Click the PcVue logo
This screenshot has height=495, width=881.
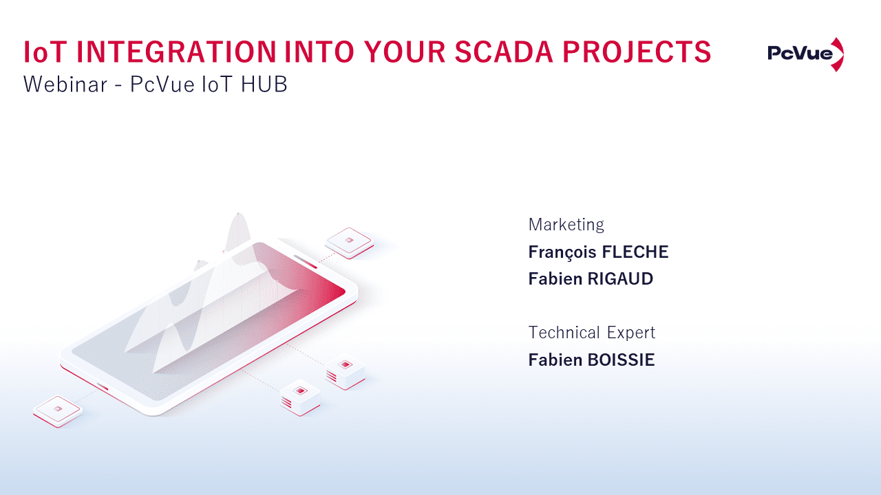(805, 54)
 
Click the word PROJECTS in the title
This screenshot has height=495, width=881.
(637, 52)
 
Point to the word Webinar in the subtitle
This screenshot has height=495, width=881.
(65, 84)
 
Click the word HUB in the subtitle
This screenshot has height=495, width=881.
(264, 84)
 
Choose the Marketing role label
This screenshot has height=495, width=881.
(566, 225)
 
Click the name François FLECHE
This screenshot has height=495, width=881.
(598, 252)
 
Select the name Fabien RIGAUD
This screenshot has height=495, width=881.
(591, 279)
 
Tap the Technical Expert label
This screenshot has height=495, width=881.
(591, 333)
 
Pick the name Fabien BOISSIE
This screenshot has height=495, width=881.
(591, 360)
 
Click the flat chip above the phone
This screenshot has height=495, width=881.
(349, 243)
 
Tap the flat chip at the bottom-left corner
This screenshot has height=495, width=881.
(57, 411)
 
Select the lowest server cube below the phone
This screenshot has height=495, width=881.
(301, 397)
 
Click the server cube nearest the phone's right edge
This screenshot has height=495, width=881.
(346, 372)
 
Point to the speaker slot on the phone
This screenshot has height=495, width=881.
(305, 262)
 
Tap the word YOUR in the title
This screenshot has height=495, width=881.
(404, 52)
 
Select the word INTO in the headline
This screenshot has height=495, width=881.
(319, 52)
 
